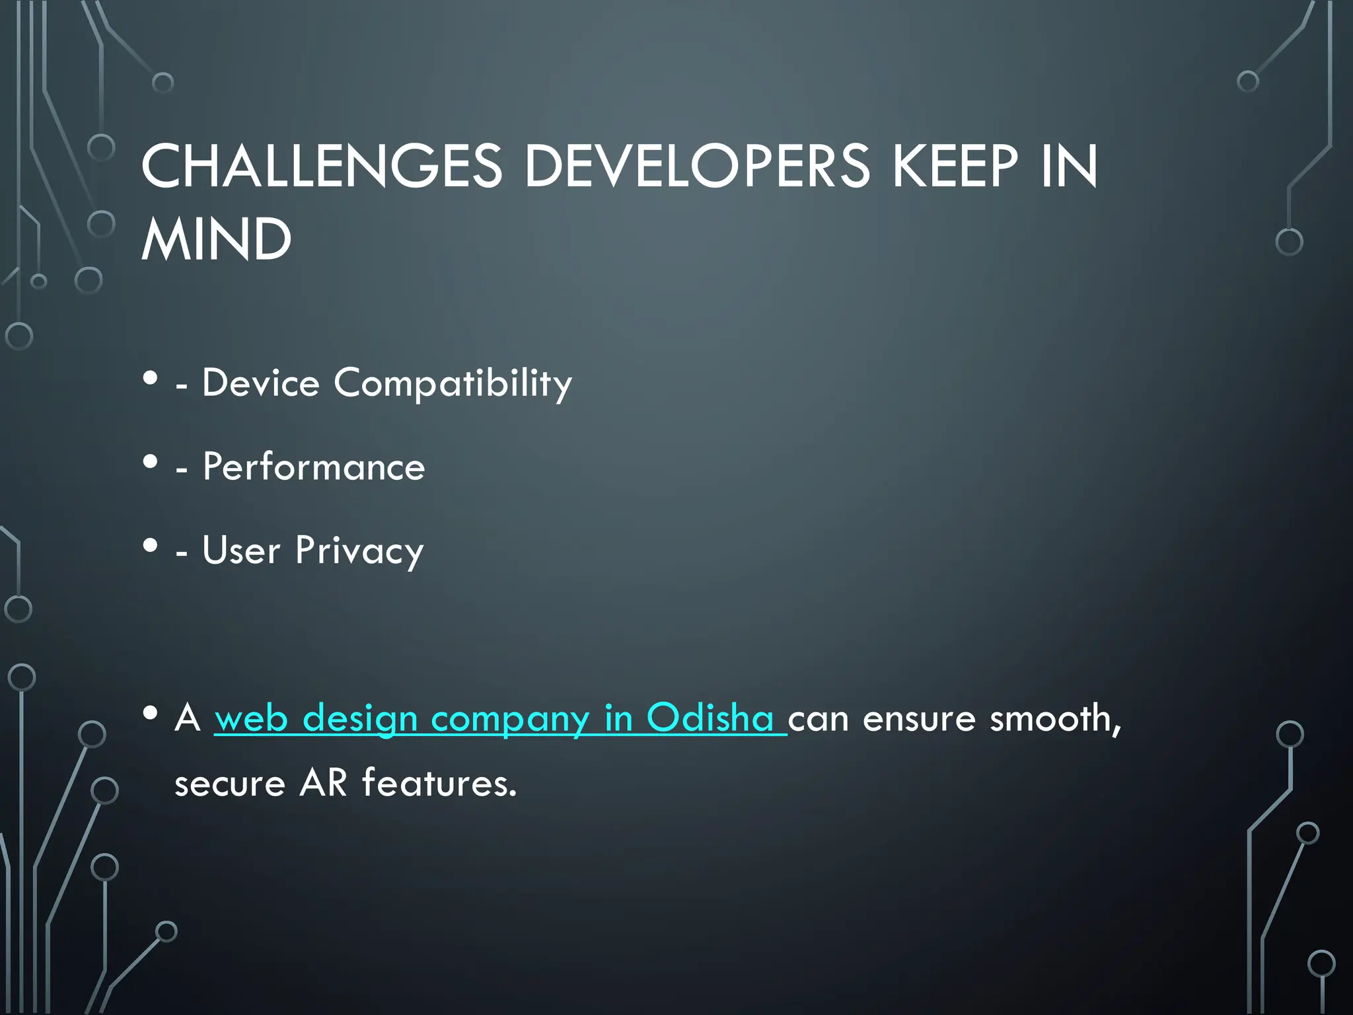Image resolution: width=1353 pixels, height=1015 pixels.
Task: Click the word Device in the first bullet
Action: click(261, 383)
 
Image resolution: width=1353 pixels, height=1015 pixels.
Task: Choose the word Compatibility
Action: click(453, 384)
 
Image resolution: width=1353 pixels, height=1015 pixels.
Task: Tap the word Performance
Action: click(314, 467)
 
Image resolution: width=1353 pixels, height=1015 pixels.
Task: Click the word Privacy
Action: click(359, 551)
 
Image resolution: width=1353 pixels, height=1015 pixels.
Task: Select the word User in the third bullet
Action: click(241, 550)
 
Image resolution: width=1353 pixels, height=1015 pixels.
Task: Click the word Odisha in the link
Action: click(710, 718)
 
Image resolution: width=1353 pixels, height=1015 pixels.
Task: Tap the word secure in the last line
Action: click(230, 784)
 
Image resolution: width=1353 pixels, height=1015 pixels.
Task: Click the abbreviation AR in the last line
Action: click(323, 783)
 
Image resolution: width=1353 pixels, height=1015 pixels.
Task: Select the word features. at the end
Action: click(439, 783)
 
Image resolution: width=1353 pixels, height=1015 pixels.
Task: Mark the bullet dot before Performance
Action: click(151, 462)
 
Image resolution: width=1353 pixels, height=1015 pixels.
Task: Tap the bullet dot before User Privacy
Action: click(151, 546)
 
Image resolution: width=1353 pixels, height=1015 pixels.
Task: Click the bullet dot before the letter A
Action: click(151, 713)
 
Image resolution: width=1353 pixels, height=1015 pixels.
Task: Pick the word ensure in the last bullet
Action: click(919, 718)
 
